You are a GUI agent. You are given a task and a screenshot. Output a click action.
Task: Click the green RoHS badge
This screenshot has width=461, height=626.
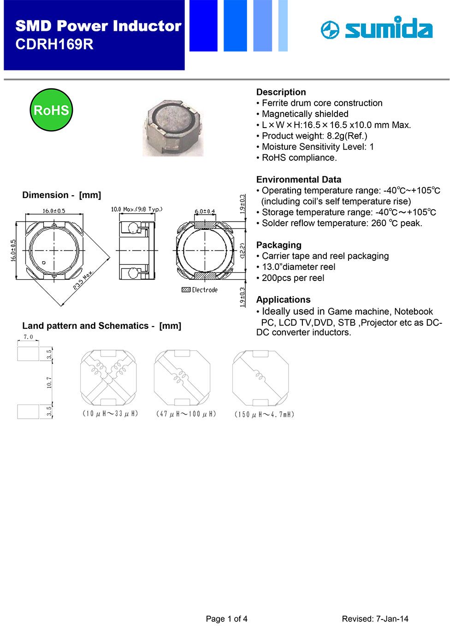(51, 110)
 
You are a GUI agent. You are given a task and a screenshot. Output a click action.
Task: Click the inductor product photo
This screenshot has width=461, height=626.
(173, 128)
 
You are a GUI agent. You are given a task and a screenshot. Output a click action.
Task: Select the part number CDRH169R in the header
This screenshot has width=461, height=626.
(54, 44)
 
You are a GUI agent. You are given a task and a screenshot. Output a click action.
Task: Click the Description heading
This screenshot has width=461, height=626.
(281, 92)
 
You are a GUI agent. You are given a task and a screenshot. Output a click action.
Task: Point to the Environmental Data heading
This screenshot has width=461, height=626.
(299, 180)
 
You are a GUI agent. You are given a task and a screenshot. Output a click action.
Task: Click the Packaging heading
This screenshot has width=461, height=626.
(278, 245)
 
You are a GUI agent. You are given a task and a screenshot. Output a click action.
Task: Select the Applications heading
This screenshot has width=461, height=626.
(283, 300)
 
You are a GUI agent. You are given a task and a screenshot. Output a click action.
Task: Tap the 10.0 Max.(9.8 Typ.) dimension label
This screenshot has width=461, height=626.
(136, 210)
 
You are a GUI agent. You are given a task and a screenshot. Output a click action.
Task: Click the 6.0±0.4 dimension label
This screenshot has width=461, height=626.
(205, 212)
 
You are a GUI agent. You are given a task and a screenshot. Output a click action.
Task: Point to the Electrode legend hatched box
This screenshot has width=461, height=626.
(186, 290)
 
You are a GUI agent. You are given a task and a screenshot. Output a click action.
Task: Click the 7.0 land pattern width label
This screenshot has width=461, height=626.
(28, 337)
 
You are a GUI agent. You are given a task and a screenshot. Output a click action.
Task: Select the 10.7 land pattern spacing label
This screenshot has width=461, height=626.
(49, 382)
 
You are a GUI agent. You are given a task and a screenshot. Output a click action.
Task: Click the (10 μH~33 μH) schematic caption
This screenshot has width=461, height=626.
(110, 414)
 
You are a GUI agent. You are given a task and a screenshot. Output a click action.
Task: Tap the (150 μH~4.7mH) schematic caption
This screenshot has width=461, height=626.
(264, 415)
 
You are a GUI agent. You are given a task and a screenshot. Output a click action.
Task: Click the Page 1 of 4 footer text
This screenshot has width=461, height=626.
(226, 619)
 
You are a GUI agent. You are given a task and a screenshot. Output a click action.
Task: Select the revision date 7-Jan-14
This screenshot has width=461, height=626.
(392, 619)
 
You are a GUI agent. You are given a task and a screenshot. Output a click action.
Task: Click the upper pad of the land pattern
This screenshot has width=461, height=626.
(28, 354)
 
